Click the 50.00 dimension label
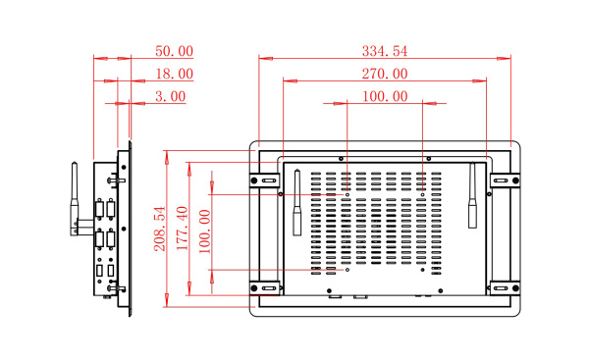coord(175,51)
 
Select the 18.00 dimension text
coord(175,74)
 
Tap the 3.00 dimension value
coord(171,96)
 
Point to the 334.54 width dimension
coord(385,51)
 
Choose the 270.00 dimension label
coord(385,74)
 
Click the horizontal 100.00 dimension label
coord(385,96)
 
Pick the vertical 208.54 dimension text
coord(160,229)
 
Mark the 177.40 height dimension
coord(183,229)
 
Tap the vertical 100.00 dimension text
coord(205,231)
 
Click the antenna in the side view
coord(75,199)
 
